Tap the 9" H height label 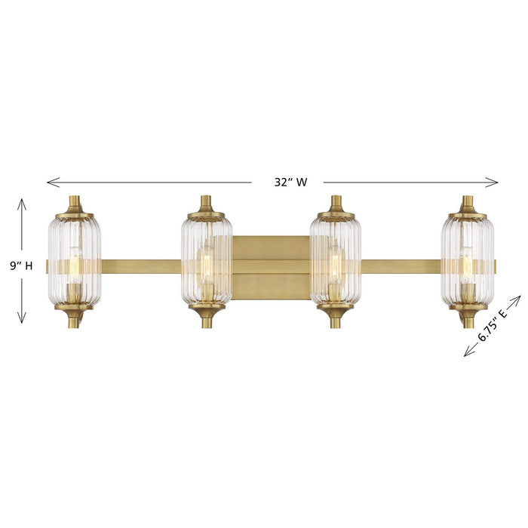(21, 265)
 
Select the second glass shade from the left (205, 260)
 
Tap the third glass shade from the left (336, 260)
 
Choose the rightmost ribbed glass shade (468, 260)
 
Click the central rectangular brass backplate (271, 267)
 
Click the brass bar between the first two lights (140, 266)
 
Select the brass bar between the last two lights (401, 266)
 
